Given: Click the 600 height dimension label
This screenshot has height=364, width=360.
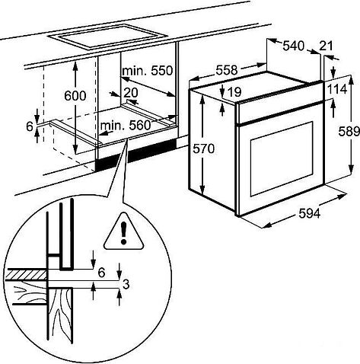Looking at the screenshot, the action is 75,96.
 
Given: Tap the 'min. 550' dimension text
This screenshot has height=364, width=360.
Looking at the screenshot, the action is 148,70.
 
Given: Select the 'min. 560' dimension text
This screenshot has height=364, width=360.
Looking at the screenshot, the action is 126,125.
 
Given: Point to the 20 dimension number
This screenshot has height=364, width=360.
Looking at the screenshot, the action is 131,93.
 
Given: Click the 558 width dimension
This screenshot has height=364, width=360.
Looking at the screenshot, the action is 227,70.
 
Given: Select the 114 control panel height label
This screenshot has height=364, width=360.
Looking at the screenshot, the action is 337,89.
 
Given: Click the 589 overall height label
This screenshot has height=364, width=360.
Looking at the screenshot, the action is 349,132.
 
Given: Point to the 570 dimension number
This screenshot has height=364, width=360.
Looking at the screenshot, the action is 203,148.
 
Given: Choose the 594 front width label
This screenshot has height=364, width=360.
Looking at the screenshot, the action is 310,213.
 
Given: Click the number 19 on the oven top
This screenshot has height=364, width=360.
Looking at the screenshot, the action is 234,91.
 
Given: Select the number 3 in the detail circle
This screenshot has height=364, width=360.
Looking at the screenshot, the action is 126,284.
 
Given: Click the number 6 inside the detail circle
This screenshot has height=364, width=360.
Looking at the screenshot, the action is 101,273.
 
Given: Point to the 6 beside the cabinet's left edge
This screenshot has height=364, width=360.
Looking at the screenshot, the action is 30,126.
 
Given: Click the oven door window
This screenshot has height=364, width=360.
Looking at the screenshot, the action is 282,158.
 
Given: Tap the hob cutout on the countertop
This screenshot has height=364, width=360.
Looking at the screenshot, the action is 107,36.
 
